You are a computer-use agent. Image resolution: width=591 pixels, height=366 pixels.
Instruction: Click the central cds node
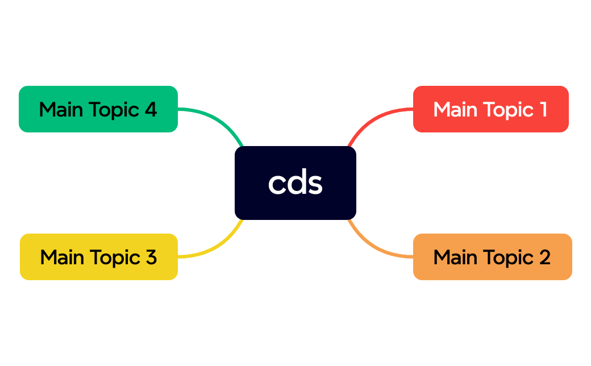[295, 182]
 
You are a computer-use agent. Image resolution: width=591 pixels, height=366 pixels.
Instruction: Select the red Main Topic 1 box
[490, 109]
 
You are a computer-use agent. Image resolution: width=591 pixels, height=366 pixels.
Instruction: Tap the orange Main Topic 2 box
[492, 257]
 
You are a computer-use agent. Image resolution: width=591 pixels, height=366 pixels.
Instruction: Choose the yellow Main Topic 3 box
[98, 257]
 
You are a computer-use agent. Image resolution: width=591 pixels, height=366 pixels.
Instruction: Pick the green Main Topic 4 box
[98, 109]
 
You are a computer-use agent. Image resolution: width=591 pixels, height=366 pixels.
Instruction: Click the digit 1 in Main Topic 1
[543, 109]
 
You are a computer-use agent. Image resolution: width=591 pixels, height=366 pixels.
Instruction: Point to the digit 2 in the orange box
[544, 257]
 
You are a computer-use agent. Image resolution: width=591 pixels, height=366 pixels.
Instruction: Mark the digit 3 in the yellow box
[151, 257]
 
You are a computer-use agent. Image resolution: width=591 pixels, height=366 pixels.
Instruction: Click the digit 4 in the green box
[151, 109]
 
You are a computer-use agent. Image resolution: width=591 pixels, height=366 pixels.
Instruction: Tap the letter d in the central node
[295, 182]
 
